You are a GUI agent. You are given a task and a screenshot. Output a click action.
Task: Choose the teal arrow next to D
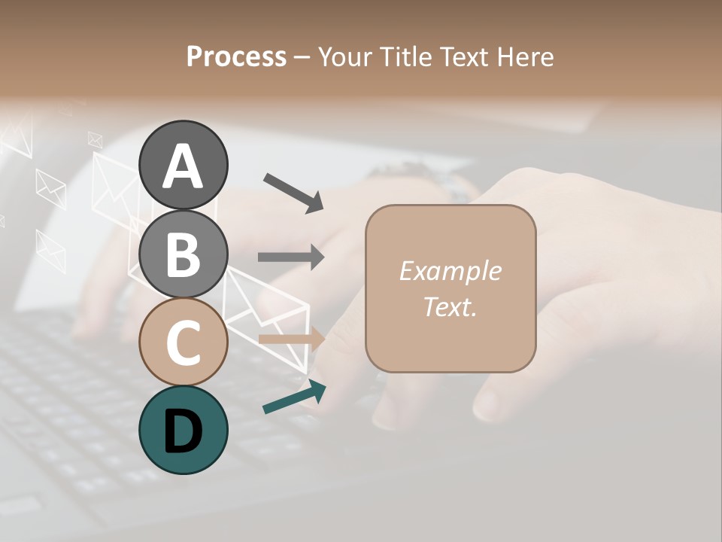point(294,397)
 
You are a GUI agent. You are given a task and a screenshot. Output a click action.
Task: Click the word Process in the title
point(236,56)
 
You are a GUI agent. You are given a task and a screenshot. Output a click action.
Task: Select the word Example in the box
point(450,271)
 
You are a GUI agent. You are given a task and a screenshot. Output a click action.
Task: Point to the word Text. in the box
point(450,306)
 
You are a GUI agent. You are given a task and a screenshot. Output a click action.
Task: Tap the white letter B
point(184,254)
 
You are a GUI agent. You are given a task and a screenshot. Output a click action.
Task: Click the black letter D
point(184,431)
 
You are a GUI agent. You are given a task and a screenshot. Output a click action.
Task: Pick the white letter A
point(184,166)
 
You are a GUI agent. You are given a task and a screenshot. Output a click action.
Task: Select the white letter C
point(184,343)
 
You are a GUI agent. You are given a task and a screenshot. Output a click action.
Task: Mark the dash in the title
point(302,57)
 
